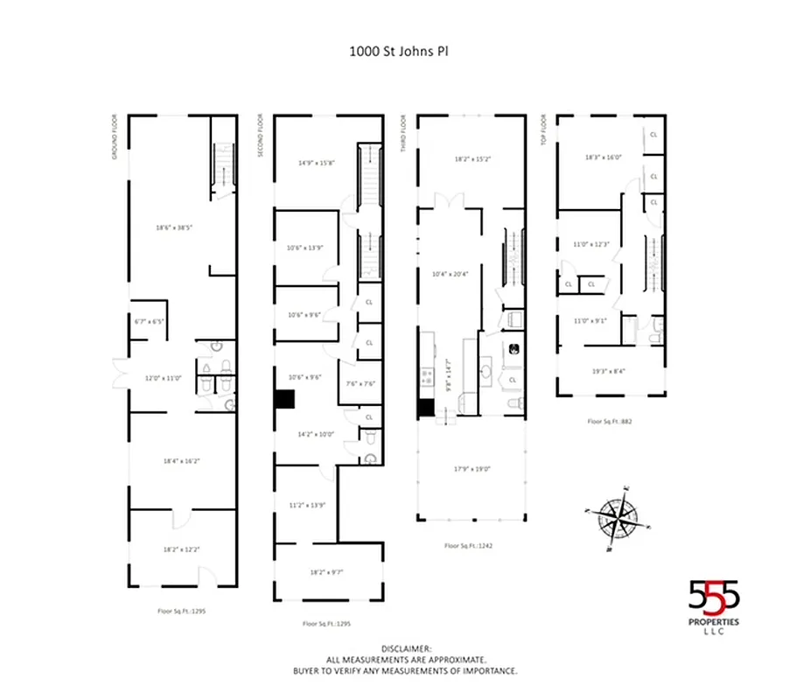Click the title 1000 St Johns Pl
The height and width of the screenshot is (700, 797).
pyautogui.click(x=399, y=50)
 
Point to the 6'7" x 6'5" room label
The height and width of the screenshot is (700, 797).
pyautogui.click(x=147, y=321)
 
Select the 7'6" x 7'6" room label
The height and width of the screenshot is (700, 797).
pyautogui.click(x=361, y=383)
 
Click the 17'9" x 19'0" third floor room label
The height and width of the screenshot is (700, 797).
pyautogui.click(x=472, y=469)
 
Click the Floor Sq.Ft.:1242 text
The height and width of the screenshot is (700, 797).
pyautogui.click(x=471, y=545)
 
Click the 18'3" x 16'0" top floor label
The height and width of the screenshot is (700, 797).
pyautogui.click(x=603, y=157)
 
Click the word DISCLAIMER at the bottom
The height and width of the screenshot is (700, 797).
pyautogui.click(x=405, y=649)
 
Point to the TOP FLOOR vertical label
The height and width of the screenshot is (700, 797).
pyautogui.click(x=544, y=130)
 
